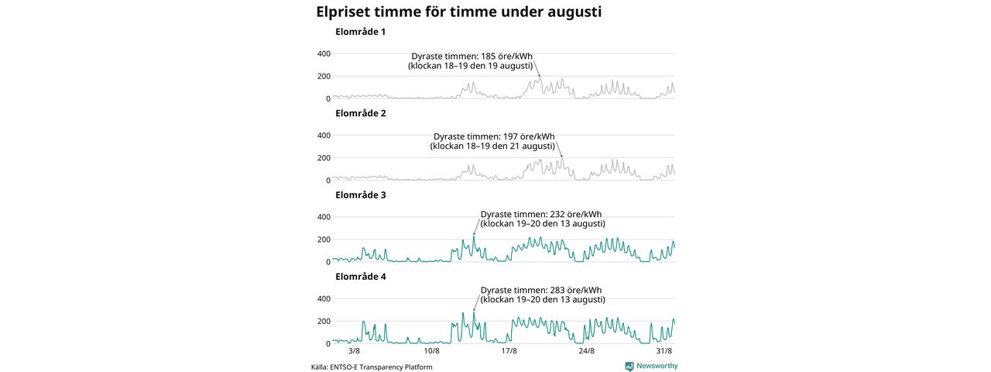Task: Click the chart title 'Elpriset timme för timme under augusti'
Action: coord(459,12)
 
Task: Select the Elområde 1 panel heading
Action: coord(361,32)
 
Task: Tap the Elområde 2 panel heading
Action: coord(361,113)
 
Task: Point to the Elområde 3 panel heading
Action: coord(361,195)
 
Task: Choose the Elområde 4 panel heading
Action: coord(361,277)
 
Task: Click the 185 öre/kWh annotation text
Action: coord(471,61)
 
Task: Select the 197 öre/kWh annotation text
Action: coord(493,141)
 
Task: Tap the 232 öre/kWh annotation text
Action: coord(543,219)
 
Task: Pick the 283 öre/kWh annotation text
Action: coord(543,295)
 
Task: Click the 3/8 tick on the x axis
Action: coord(355,351)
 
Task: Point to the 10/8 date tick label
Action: coord(432,351)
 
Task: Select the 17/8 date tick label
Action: coord(509,351)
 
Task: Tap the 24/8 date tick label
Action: coord(587,351)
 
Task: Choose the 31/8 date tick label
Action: coord(664,351)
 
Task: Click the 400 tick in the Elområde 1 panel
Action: coord(324,54)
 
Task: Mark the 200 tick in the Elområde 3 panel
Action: coord(324,239)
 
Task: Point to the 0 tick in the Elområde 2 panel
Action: coord(328,181)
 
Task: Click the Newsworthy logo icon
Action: coord(629,367)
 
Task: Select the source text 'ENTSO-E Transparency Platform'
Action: coord(381,367)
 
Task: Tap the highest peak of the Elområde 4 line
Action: coord(473,312)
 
